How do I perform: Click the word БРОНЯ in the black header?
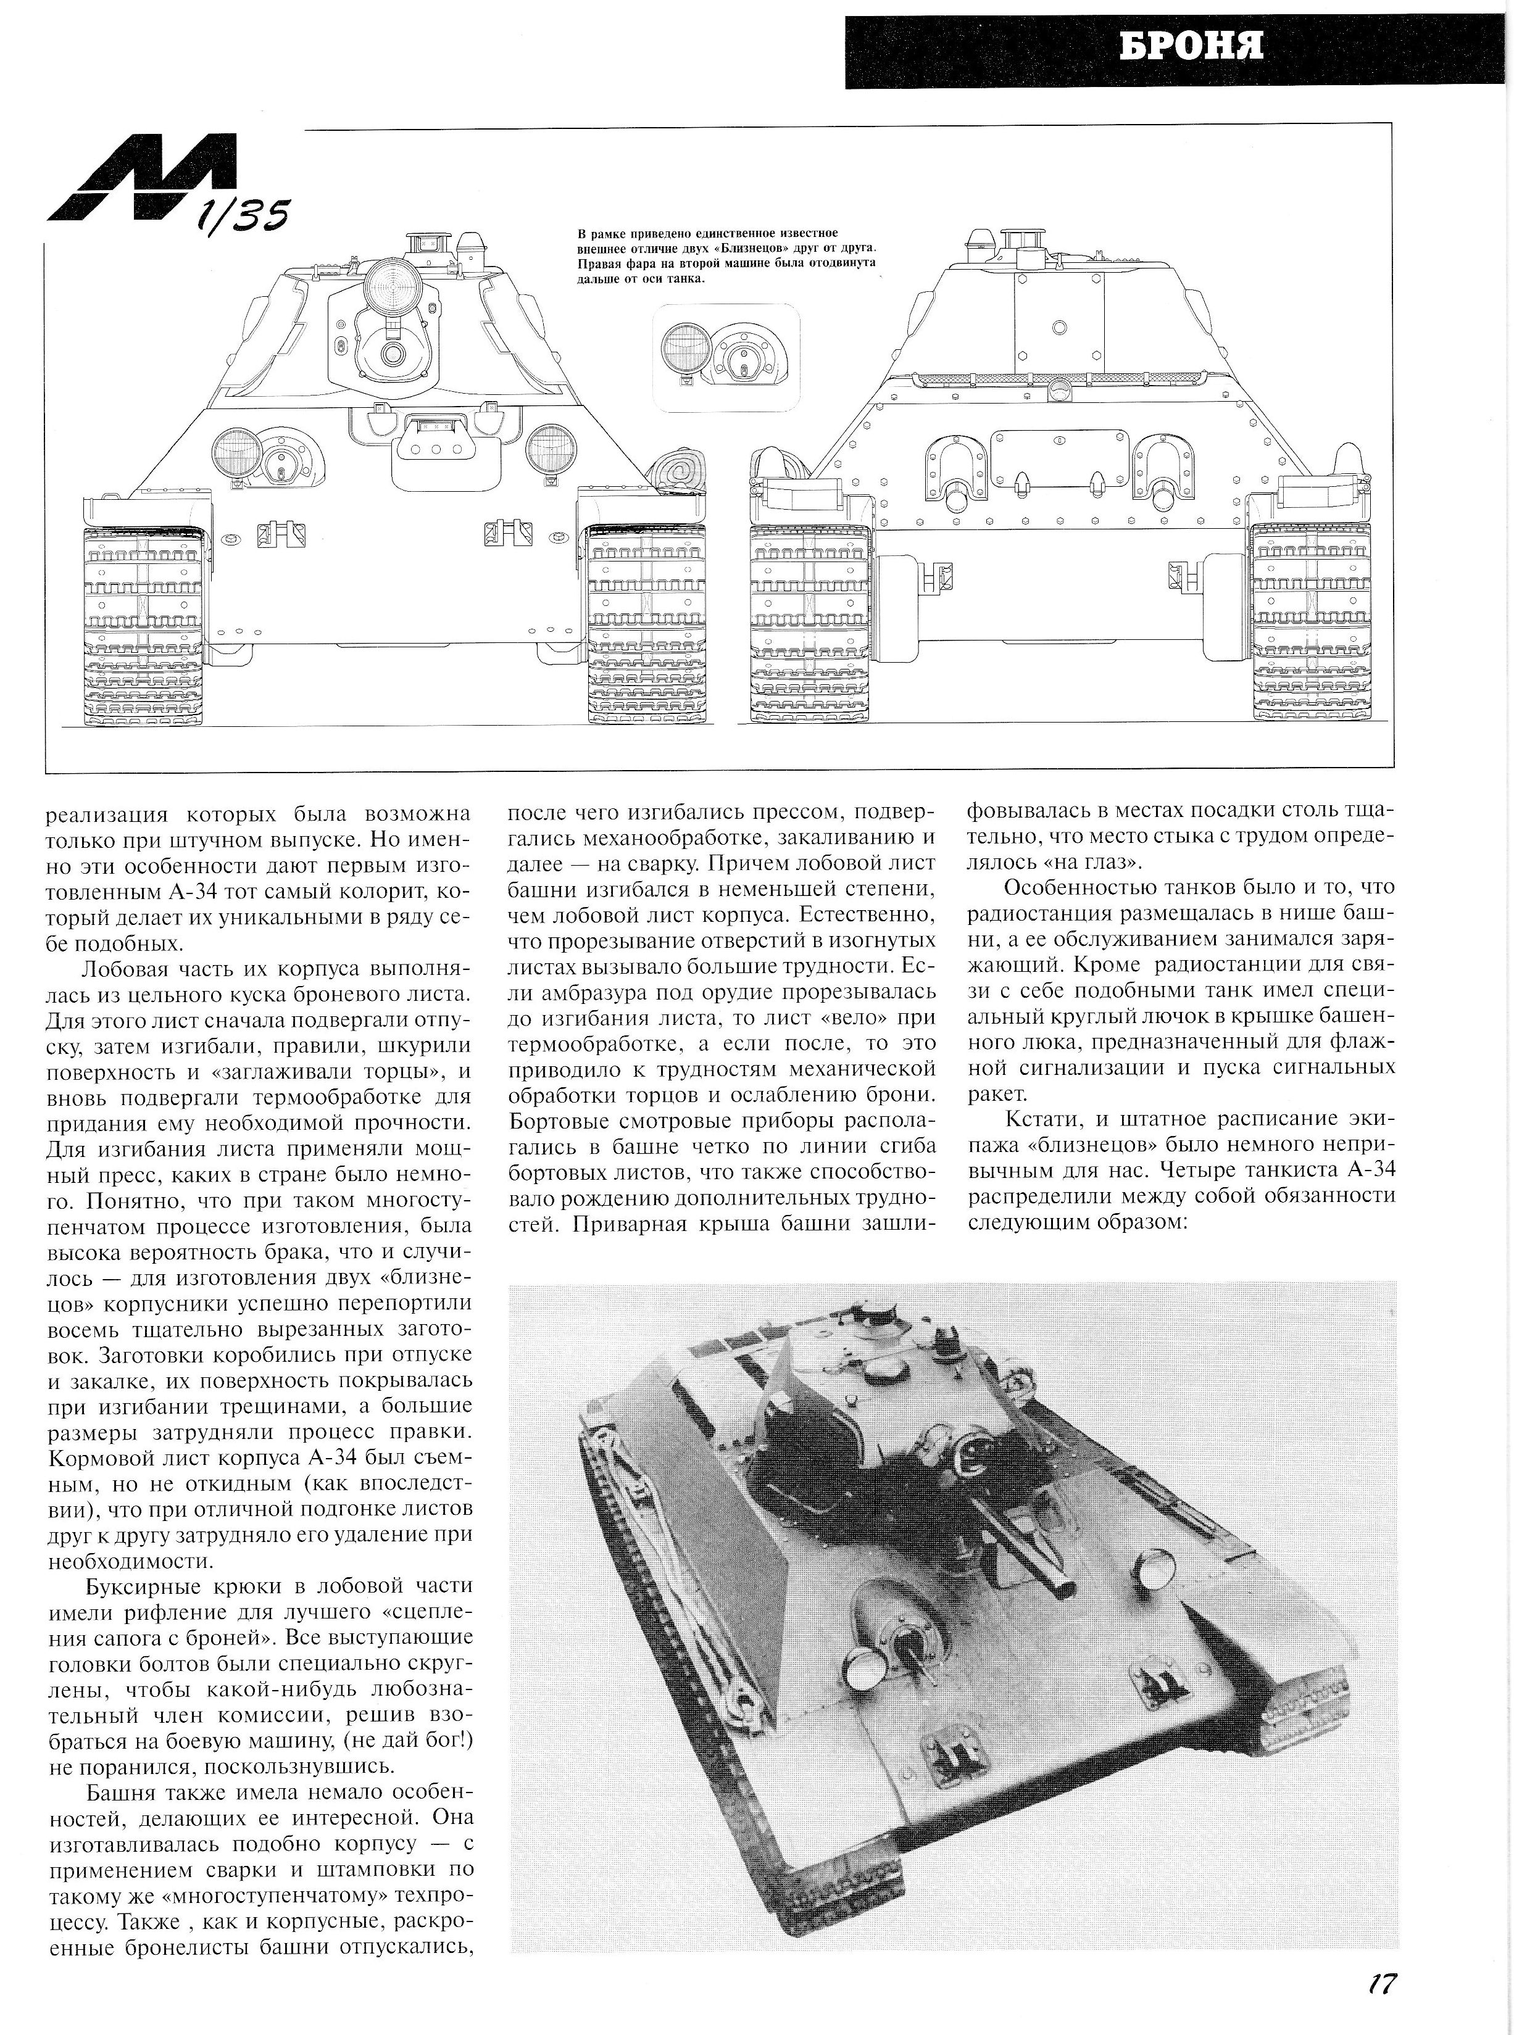click(x=1191, y=46)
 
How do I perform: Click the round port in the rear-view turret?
click(x=1060, y=326)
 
